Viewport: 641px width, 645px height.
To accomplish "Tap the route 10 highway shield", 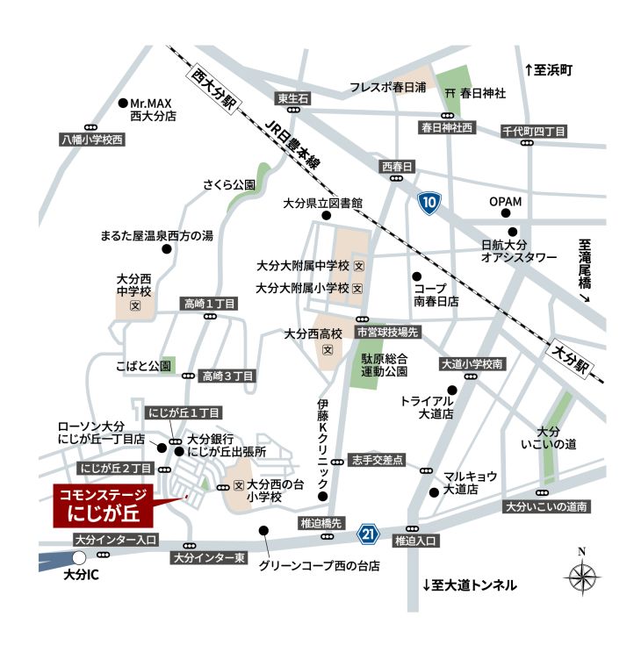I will (x=429, y=204).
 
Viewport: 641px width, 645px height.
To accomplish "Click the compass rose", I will (x=580, y=577).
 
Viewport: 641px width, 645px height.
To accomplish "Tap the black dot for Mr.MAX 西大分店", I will (x=123, y=103).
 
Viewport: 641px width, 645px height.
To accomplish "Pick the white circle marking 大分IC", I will (x=80, y=557).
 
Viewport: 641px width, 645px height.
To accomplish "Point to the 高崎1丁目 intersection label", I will (x=209, y=304).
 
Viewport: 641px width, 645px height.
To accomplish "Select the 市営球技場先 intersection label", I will (x=389, y=332).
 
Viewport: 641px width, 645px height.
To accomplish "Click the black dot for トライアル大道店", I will (x=452, y=390).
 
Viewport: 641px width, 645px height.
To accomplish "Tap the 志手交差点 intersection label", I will (x=376, y=459).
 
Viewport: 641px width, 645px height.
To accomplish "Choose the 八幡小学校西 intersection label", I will (x=92, y=140).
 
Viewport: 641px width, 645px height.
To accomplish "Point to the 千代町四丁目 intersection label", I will (x=534, y=132).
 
